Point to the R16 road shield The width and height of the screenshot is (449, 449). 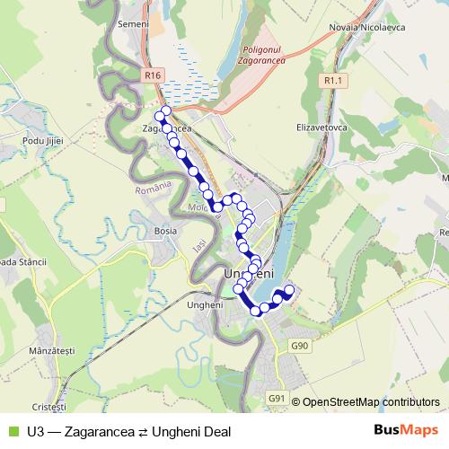tap(152, 75)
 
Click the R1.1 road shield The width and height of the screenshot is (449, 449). tap(333, 81)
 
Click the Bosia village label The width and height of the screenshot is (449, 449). tap(165, 231)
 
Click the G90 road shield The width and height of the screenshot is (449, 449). tap(300, 345)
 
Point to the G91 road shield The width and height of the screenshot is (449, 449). tap(277, 399)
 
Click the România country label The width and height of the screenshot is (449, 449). tap(152, 190)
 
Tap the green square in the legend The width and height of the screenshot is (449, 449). tap(12, 432)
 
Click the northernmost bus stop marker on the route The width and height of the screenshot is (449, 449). tap(165, 110)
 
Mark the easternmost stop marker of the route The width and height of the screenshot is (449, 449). tap(289, 289)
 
